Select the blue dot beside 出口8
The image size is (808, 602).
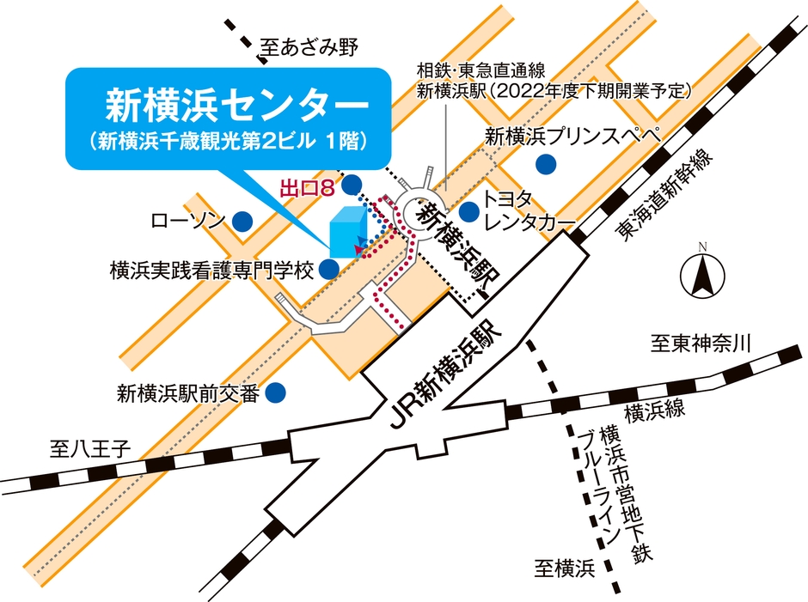coord(352,185)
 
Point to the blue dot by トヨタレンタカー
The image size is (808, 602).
coord(468,211)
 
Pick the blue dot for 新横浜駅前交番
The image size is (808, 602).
coord(276,394)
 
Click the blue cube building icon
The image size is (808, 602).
coord(347,232)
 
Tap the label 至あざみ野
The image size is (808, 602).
coord(308,48)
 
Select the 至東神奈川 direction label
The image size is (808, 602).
coord(701,345)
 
